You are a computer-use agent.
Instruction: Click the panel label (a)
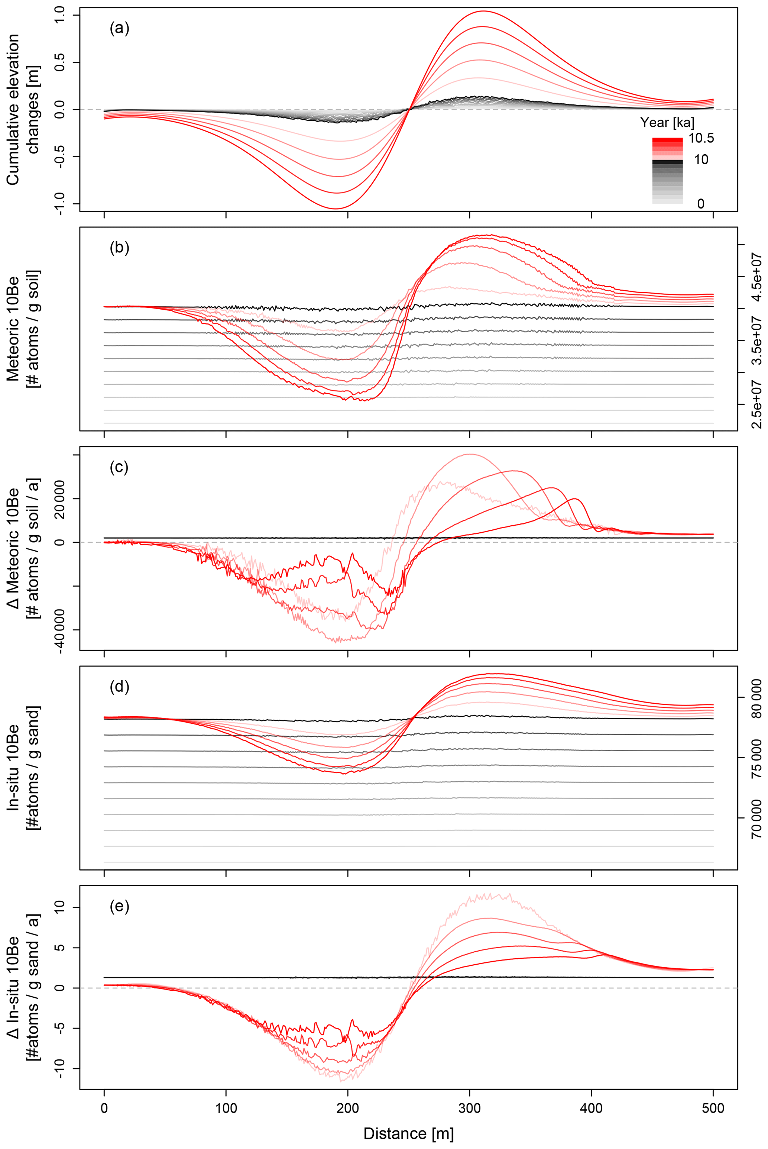120,28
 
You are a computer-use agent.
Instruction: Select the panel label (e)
120,907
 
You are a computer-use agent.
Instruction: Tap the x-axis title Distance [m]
408,1133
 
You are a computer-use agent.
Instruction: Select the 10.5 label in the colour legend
701,138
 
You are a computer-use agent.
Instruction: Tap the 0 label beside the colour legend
701,203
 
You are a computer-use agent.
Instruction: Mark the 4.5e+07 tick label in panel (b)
757,276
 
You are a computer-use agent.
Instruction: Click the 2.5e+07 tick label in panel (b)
757,404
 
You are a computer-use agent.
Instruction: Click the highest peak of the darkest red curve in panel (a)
483,11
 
